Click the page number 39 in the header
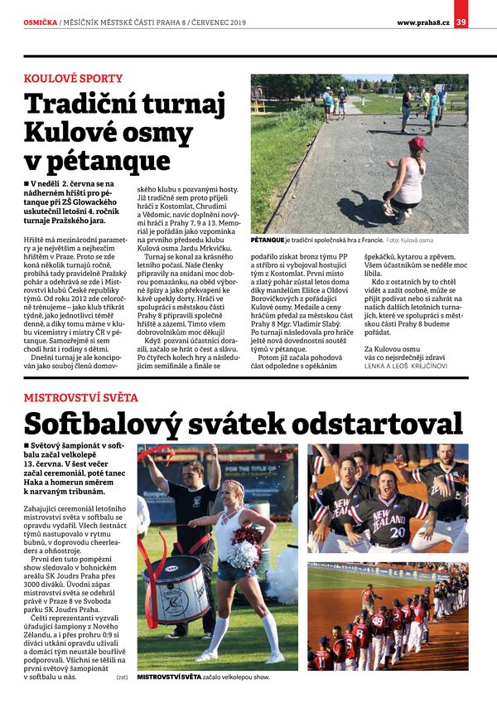tap(461, 22)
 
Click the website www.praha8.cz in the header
tap(422, 22)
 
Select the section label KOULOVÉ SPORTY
tap(73, 79)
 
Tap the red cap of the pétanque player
tap(417, 143)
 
